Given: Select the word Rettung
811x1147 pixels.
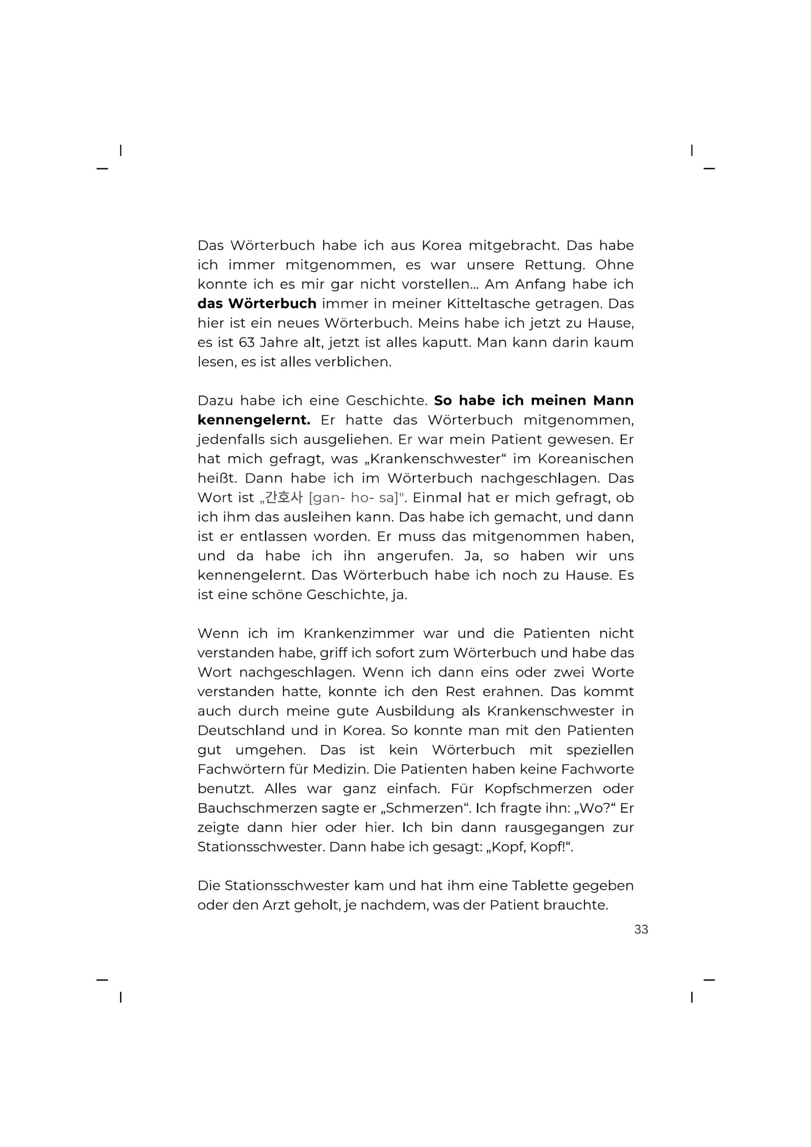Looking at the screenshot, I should click(554, 265).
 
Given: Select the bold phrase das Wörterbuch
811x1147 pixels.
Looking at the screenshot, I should click(257, 304).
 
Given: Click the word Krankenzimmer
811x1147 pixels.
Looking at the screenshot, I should click(359, 634).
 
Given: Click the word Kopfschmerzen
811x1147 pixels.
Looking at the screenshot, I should click(538, 789).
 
